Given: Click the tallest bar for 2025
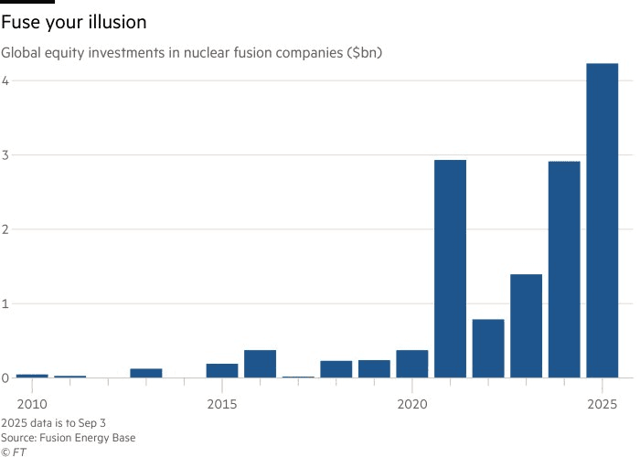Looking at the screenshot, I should click(603, 219).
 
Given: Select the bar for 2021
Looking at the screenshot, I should click(450, 269).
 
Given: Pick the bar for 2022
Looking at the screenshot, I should click(488, 348).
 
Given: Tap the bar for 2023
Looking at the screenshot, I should click(527, 325).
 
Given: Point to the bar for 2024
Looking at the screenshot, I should click(564, 269).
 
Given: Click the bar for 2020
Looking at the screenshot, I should click(412, 364).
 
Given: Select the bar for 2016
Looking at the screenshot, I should click(260, 364).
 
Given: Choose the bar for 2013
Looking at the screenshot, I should click(145, 373).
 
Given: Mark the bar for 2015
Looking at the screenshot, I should click(221, 370).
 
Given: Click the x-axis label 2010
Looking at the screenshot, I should click(31, 404).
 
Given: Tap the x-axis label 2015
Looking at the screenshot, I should click(221, 404).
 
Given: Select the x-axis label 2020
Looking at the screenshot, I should click(412, 404).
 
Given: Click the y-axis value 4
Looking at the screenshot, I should click(5, 80).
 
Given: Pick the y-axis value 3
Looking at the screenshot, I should click(5, 154).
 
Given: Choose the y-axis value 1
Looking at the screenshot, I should click(5, 303).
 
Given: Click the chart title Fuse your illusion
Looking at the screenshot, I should click(74, 20).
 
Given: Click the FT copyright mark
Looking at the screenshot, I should click(14, 451).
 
